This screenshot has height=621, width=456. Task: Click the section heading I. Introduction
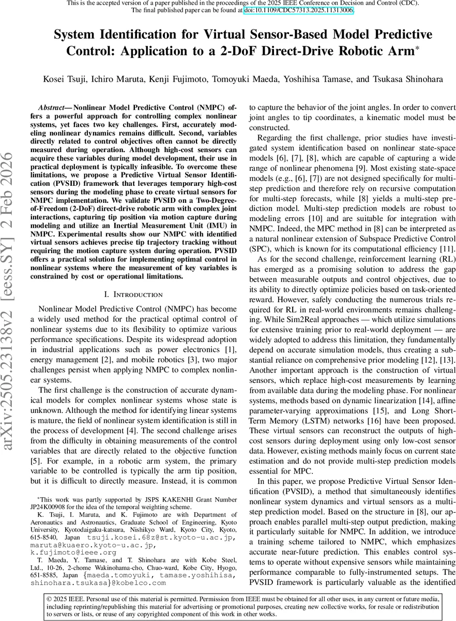pos(133,294)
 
